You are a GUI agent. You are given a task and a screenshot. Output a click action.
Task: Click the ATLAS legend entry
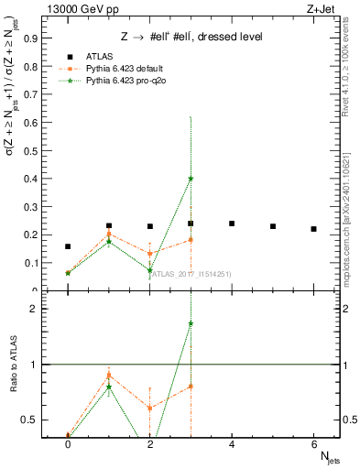pos(100,57)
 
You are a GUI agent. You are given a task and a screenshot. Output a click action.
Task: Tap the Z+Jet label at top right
pos(322,8)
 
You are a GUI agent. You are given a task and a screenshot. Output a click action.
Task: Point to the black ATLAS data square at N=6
pos(313,229)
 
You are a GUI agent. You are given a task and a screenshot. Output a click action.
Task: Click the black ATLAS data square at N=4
pos(232,224)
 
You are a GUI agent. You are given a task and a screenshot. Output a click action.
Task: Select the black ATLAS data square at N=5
pos(273,226)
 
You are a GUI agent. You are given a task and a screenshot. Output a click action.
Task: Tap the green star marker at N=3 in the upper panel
pos(191,178)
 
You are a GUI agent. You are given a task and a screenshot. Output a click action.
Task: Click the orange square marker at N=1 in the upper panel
pos(109,234)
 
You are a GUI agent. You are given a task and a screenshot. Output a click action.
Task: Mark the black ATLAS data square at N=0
pos(68,246)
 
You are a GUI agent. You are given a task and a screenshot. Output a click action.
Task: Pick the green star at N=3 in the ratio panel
pos(191,323)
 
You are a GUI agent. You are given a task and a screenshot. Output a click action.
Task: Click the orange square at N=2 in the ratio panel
pos(149,409)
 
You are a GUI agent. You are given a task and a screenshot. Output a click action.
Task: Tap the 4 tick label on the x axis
pos(232,444)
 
